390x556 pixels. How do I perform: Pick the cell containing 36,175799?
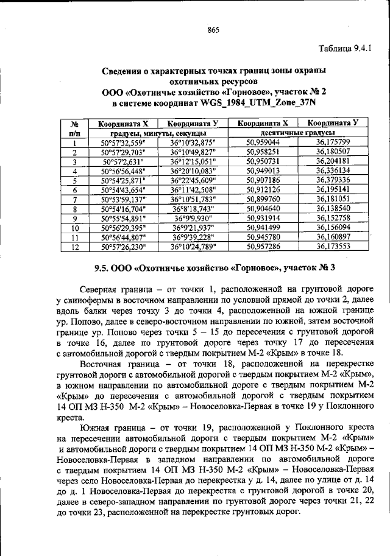click(x=333, y=142)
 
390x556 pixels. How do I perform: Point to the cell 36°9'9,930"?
click(x=194, y=218)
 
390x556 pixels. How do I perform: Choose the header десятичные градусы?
click(x=297, y=132)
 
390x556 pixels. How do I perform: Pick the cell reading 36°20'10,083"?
click(x=194, y=171)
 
